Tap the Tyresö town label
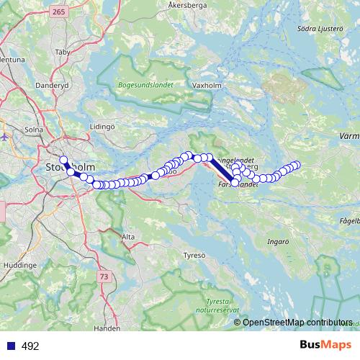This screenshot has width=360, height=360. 194,255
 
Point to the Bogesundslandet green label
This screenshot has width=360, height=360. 142,84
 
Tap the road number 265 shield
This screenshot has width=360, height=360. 59,12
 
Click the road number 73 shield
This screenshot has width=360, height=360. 104,276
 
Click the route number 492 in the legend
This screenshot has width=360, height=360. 30,346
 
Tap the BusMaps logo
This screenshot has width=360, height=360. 325,345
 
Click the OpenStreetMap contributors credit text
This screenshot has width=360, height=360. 297,322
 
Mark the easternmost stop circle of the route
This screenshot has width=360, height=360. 295,165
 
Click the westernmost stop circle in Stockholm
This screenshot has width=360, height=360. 63,160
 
